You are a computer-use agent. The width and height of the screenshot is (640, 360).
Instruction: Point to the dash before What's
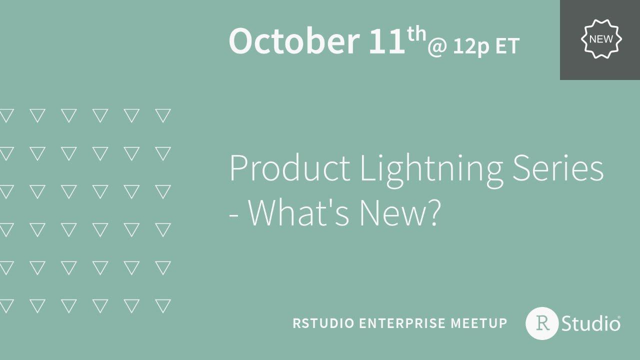click(x=233, y=215)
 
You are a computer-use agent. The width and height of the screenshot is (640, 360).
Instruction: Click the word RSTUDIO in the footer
click(x=323, y=323)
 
